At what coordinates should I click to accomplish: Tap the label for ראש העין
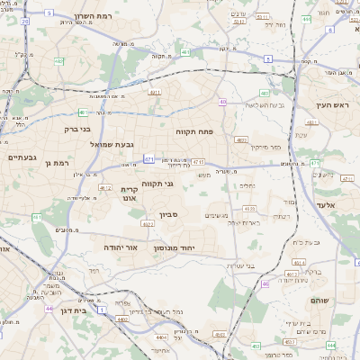point(331,105)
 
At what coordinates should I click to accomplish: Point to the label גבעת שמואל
point(112,144)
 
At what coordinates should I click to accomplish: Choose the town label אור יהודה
point(121,246)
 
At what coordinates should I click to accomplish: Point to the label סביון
point(170,215)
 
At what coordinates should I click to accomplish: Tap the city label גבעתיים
point(22,158)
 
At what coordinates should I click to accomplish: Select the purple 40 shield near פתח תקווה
point(222,103)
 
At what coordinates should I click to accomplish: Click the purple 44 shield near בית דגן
point(48,309)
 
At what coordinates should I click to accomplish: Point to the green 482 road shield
point(58,61)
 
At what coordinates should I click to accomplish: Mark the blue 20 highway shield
point(25,20)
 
